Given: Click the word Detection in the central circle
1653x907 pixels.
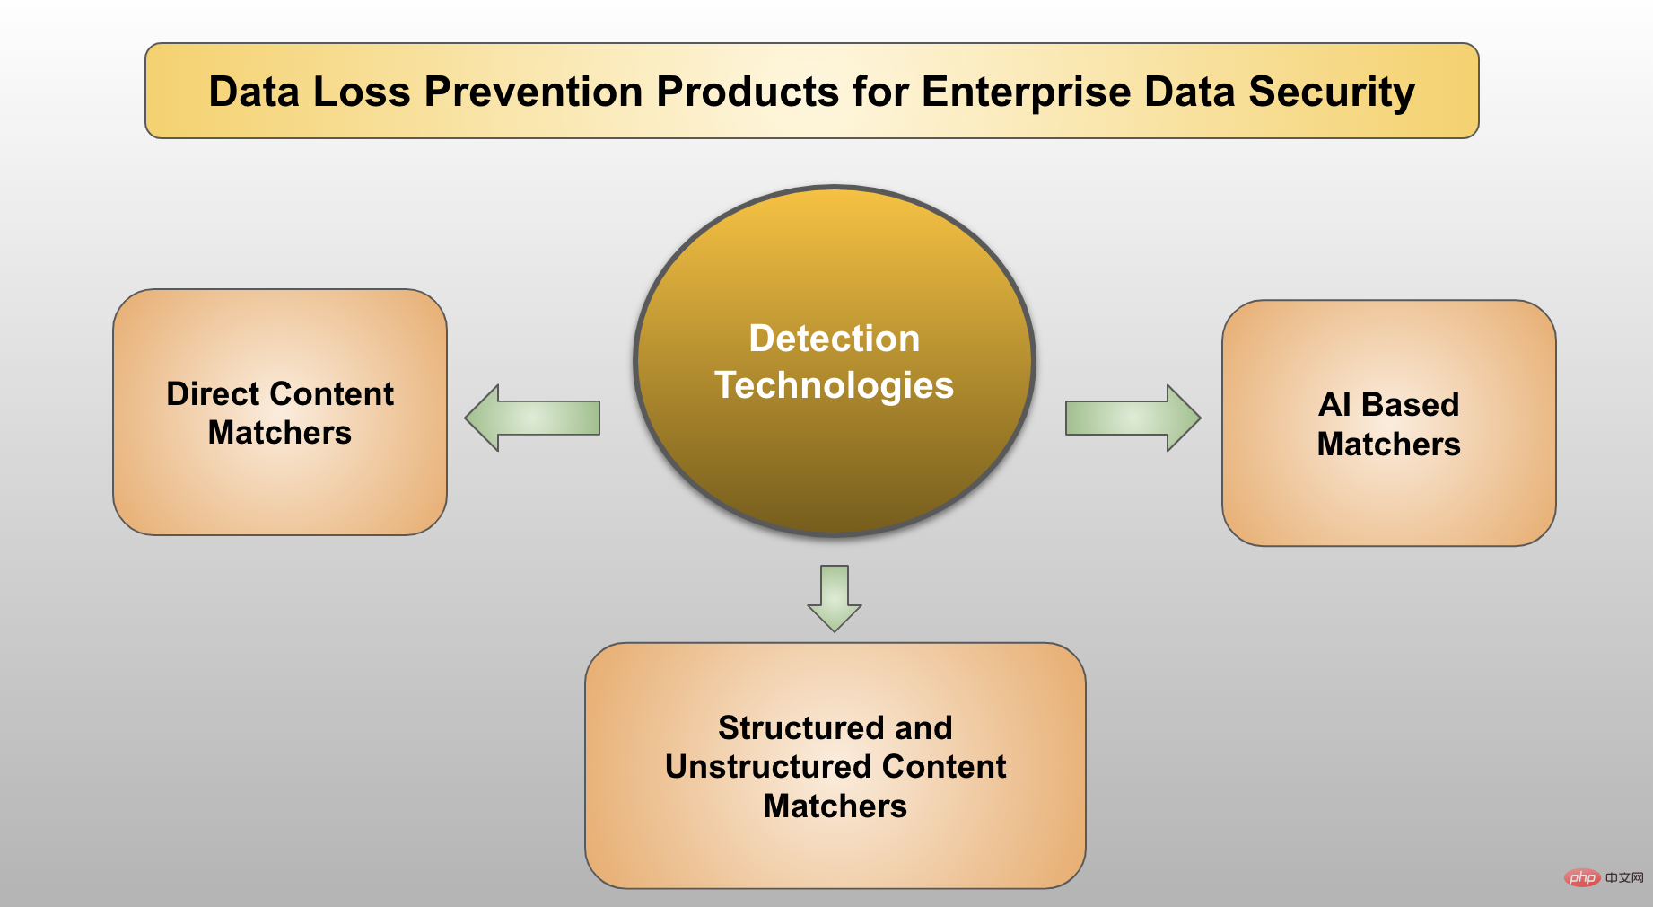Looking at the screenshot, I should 834,339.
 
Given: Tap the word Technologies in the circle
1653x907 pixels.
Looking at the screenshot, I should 834,385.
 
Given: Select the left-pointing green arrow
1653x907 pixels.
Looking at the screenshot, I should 532,418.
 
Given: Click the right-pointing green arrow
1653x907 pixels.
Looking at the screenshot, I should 1133,418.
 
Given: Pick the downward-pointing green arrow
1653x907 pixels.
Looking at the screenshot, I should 835,598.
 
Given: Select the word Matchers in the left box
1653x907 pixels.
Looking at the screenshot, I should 280,433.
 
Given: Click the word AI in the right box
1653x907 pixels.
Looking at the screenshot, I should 1334,405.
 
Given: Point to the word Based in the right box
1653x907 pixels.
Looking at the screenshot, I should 1410,405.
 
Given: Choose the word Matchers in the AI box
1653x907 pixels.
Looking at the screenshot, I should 1388,445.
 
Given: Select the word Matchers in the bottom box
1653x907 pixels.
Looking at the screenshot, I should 835,806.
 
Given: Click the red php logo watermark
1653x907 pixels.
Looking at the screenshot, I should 1582,877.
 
